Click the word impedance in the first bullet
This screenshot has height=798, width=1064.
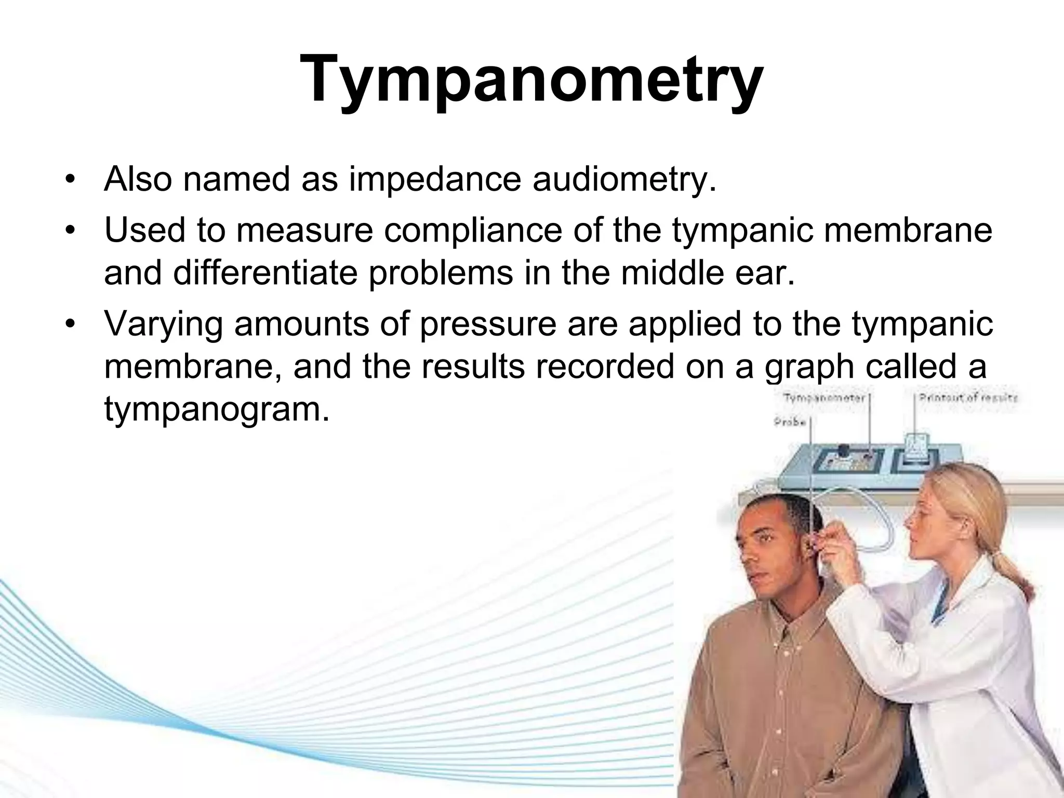point(434,179)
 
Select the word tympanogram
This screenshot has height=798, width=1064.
point(217,409)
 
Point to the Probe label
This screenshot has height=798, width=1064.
point(790,422)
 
